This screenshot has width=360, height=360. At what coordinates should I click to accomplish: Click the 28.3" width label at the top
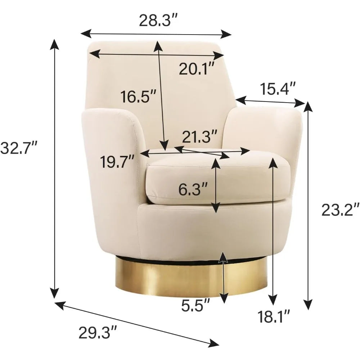[158, 20]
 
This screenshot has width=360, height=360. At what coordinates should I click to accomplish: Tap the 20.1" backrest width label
[197, 69]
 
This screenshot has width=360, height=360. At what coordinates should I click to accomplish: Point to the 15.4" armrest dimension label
[277, 89]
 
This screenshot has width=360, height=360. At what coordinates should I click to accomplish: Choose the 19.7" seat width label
[117, 162]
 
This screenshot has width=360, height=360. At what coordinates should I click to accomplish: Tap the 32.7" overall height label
[19, 148]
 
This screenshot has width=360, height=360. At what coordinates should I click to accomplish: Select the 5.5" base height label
[195, 305]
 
